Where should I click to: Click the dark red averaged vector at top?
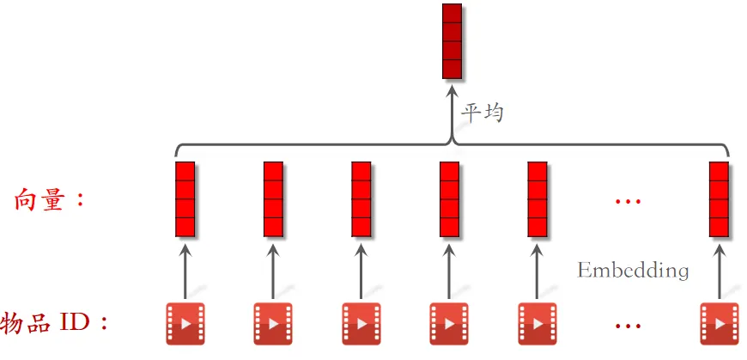point(452,41)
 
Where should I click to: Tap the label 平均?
point(483,113)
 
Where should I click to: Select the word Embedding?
point(633,270)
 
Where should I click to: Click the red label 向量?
point(51,200)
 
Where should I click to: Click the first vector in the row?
point(185,198)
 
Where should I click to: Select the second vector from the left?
point(273,198)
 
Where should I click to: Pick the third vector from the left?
point(361,198)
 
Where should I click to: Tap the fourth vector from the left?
point(449,198)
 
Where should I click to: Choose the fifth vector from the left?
point(537,198)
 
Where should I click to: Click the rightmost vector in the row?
point(720,198)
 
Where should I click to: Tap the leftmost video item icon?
point(185,323)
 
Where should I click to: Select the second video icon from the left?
point(273,323)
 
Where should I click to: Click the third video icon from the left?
point(361,323)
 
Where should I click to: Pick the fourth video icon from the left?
point(449,323)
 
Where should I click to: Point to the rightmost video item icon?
point(720,323)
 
